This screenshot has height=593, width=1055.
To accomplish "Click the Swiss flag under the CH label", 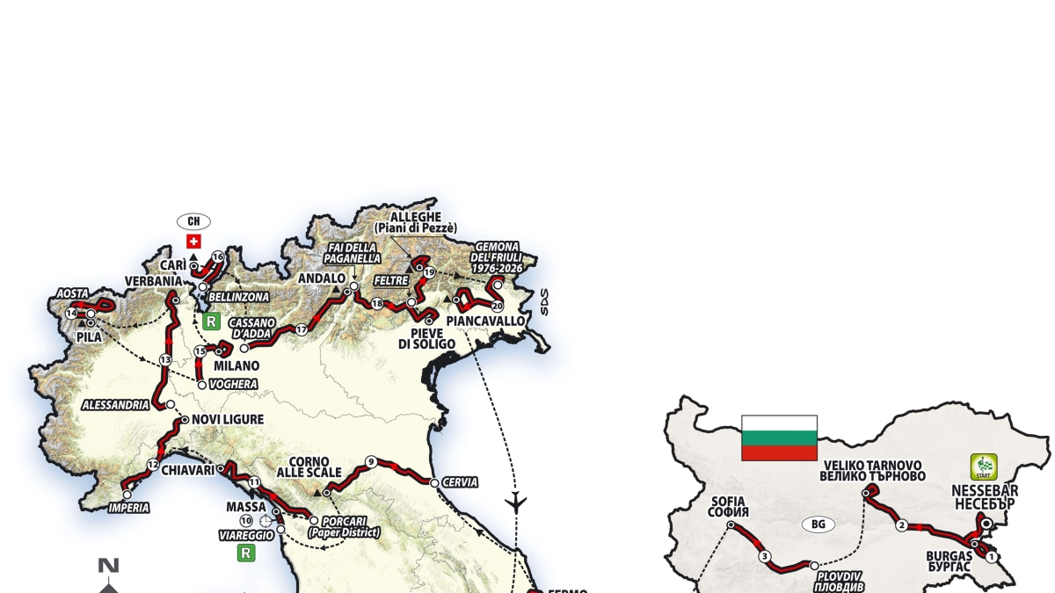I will pyautogui.click(x=194, y=241).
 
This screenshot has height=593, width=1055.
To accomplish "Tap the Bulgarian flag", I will pyautogui.click(x=779, y=438).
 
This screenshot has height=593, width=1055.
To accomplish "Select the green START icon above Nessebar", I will pyautogui.click(x=983, y=466).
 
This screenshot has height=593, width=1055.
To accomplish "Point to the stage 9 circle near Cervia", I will pyautogui.click(x=371, y=461).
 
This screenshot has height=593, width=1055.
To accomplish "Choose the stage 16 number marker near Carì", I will pyautogui.click(x=217, y=257).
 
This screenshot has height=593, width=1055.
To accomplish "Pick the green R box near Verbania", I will pyautogui.click(x=210, y=322).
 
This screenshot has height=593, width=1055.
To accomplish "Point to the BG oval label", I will pyautogui.click(x=818, y=524).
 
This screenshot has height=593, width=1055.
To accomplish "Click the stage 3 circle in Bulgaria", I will pyautogui.click(x=765, y=556).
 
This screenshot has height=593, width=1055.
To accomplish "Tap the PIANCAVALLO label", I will pyautogui.click(x=485, y=322).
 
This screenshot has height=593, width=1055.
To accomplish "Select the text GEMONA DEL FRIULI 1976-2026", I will pyautogui.click(x=496, y=257).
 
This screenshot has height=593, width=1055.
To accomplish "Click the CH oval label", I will pyautogui.click(x=194, y=221).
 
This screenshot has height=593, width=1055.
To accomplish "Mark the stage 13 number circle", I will pyautogui.click(x=165, y=359).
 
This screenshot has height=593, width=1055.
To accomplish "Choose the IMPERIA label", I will pyautogui.click(x=128, y=507).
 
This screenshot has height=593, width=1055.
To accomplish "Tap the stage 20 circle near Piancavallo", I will pyautogui.click(x=497, y=306).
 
